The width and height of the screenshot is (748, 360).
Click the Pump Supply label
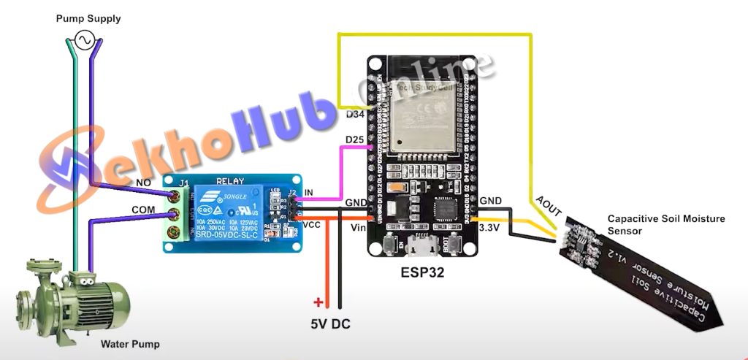(x=88, y=18)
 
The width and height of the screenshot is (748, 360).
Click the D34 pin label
(x=354, y=115)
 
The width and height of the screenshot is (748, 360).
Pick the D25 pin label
(x=354, y=139)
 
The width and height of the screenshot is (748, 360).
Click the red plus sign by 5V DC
(x=318, y=302)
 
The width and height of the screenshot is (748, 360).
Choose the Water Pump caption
(x=130, y=344)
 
